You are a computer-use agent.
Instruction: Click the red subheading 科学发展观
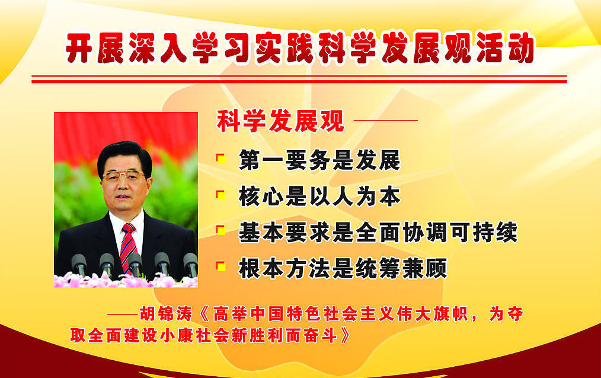coord(280,122)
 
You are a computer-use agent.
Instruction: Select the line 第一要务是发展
coord(319,160)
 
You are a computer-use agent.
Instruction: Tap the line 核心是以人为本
coord(319,196)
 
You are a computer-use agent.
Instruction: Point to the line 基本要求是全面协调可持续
coord(378,232)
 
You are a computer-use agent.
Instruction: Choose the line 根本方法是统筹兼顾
coord(343,269)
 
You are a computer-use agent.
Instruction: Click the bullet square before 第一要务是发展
coord(220,158)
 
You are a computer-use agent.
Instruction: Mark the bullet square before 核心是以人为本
coord(220,195)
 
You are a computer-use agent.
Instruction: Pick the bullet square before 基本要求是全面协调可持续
coord(220,230)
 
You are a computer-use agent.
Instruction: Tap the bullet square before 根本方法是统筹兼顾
coord(220,267)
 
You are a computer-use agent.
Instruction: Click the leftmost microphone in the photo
coord(79,262)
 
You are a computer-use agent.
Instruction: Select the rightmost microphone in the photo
coord(190,262)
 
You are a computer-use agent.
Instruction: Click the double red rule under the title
coord(299,79)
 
